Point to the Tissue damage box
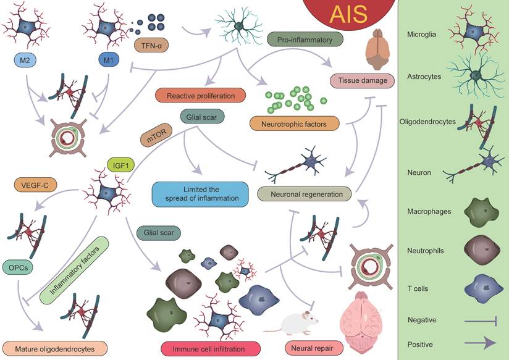click(361, 80)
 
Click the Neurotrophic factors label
click(295, 123)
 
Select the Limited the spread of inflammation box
click(200, 193)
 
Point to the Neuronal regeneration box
click(303, 194)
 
